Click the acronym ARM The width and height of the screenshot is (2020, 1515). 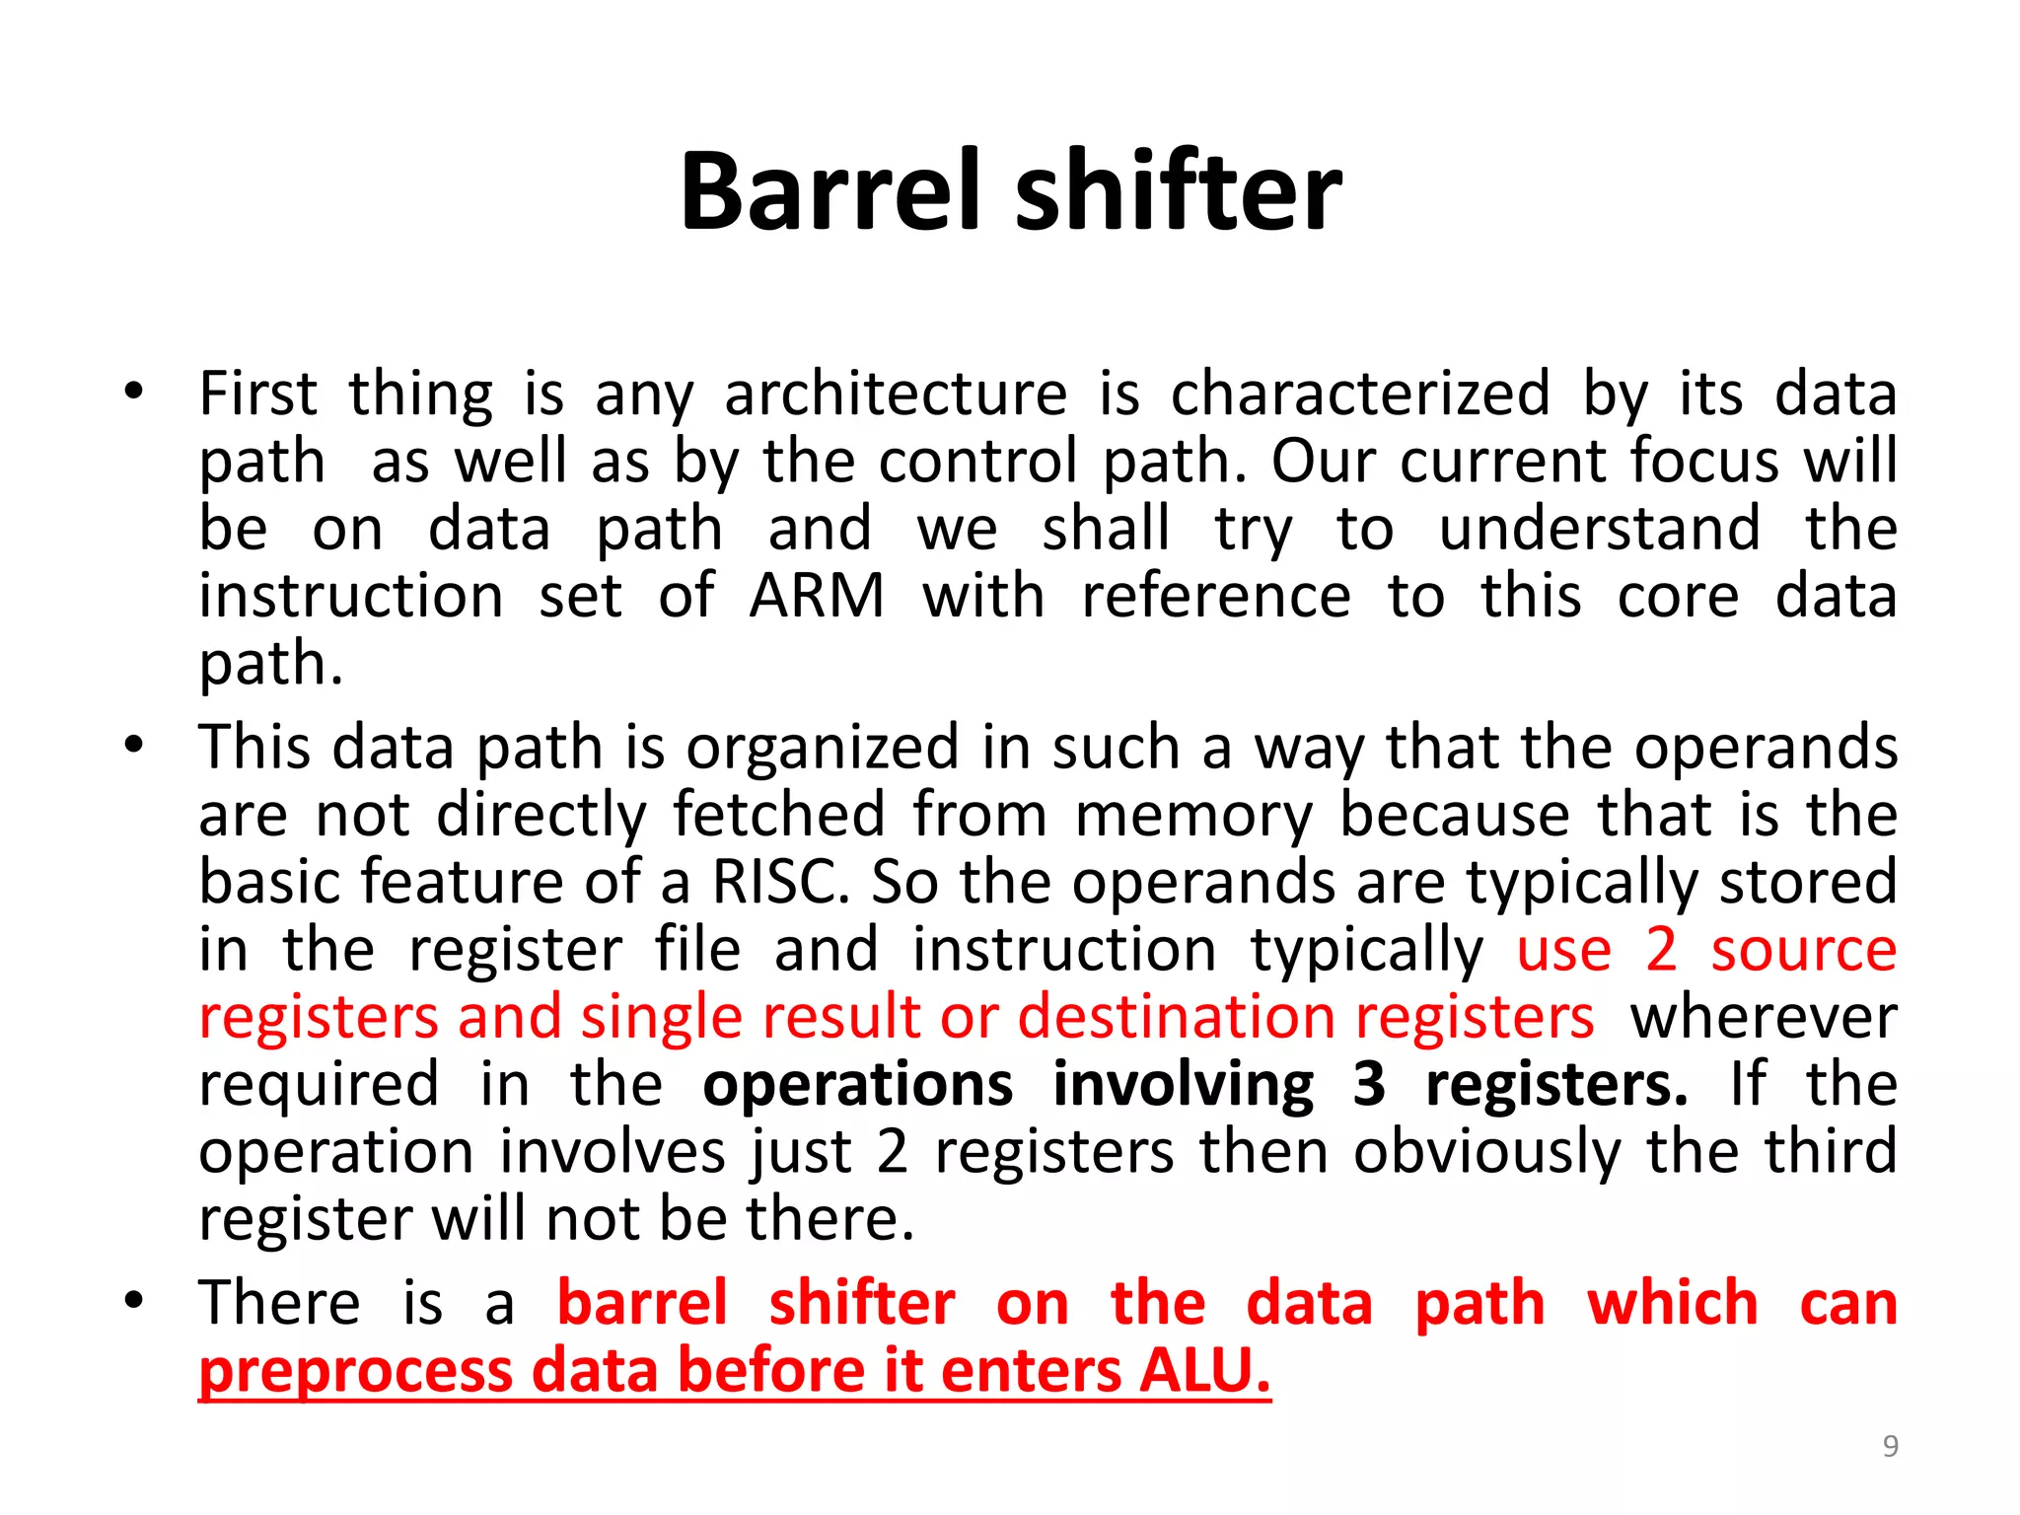[x=817, y=597]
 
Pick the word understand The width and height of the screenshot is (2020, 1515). [x=1599, y=529]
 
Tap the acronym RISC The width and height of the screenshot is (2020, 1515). [x=779, y=881]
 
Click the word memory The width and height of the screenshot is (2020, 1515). [x=1193, y=815]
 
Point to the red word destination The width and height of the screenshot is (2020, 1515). [x=1175, y=1017]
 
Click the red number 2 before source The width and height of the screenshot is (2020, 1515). [x=1661, y=949]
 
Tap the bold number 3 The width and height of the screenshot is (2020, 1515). [x=1368, y=1084]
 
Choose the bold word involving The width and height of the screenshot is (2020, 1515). [x=1183, y=1086]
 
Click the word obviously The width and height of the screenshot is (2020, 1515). [x=1486, y=1152]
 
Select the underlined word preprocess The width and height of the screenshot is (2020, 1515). [x=355, y=1372]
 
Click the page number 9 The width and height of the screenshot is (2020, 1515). [x=1890, y=1446]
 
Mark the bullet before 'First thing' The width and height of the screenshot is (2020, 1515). [x=134, y=392]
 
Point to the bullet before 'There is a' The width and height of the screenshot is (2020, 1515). [x=134, y=1301]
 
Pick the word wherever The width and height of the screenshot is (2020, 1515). [x=1764, y=1017]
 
